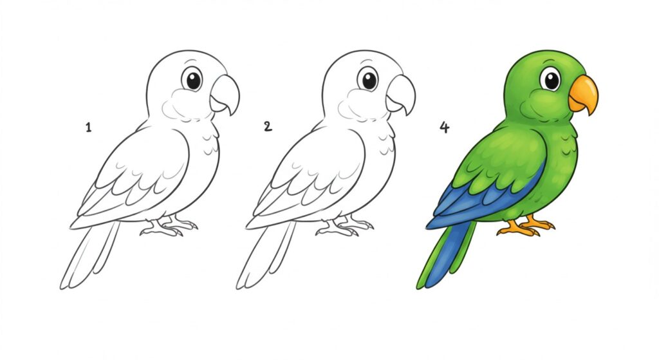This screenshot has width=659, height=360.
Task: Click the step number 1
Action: (88, 128)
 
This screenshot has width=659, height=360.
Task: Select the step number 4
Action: (444, 127)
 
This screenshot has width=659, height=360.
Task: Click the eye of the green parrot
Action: (550, 79)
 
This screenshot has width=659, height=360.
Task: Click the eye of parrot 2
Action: (369, 80)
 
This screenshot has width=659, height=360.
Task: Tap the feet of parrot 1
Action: (169, 226)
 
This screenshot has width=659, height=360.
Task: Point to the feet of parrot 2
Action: (345, 226)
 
